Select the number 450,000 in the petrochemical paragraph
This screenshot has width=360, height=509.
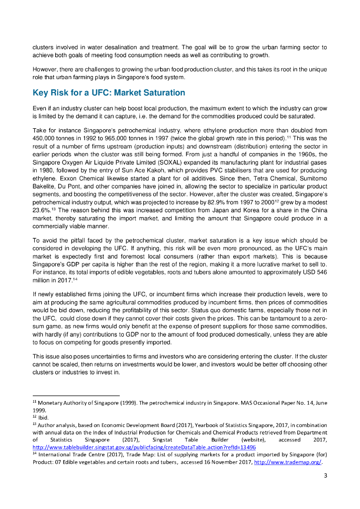[44, 137]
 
